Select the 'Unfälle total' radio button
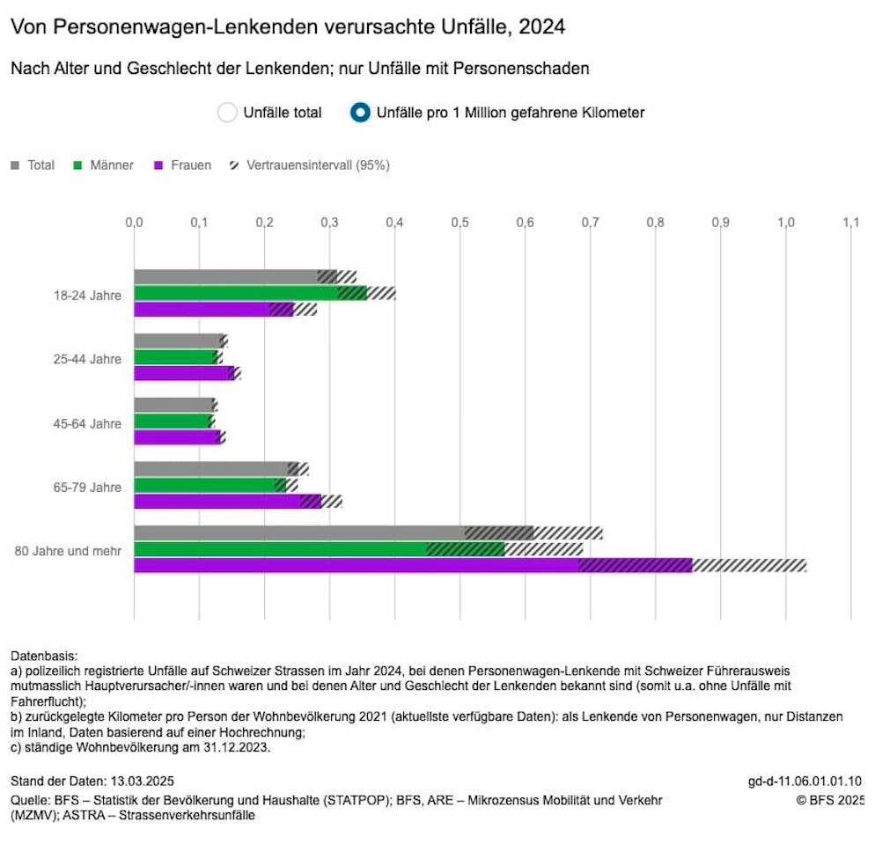(227, 113)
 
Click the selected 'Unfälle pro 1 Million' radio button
(360, 113)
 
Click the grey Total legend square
(16, 165)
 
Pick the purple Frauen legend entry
(182, 165)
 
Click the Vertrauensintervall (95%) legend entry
(308, 165)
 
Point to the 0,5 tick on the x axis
(460, 223)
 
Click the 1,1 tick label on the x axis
(850, 223)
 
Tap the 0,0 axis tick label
(134, 223)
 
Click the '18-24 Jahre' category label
(86, 295)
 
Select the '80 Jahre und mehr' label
(68, 551)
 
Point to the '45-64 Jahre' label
(86, 423)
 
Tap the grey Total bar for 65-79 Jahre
(211, 469)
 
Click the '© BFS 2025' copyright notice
(828, 800)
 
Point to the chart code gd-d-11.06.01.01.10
(805, 781)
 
